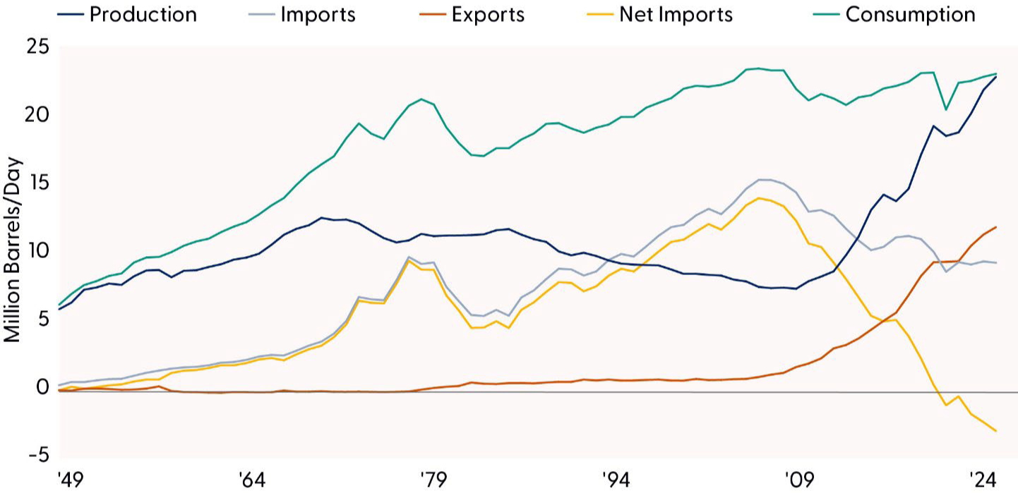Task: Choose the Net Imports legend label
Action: (676, 14)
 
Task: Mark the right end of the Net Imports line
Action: (996, 431)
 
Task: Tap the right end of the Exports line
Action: (996, 227)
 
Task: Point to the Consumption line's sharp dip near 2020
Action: (946, 109)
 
